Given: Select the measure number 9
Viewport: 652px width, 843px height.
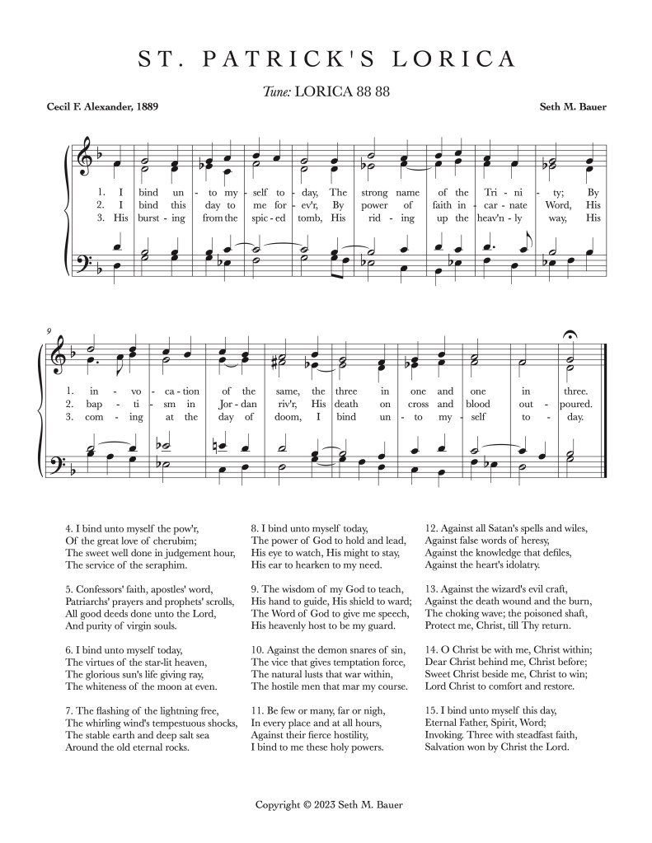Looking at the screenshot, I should pyautogui.click(x=49, y=331).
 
